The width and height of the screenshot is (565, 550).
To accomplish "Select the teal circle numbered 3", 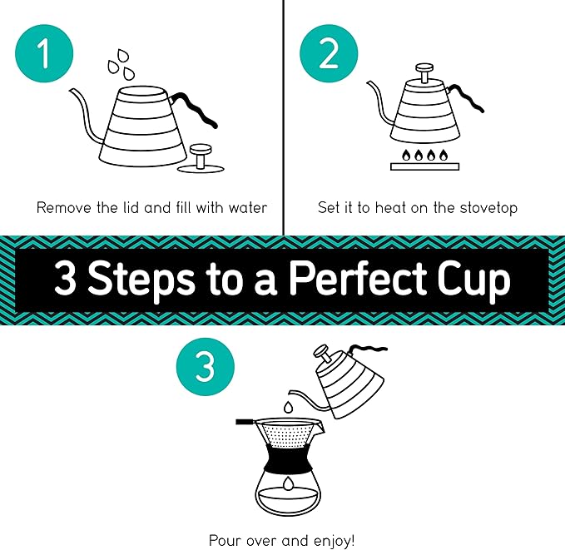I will click(x=205, y=365).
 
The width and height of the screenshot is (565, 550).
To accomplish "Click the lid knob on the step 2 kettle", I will click(x=424, y=72).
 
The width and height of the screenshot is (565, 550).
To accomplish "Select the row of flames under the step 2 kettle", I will click(x=425, y=155).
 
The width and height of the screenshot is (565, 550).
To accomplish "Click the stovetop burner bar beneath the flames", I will click(x=425, y=167).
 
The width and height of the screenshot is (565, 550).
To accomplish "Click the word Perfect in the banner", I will click(x=369, y=280).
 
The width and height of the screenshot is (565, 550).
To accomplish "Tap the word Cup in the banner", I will click(x=477, y=280).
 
